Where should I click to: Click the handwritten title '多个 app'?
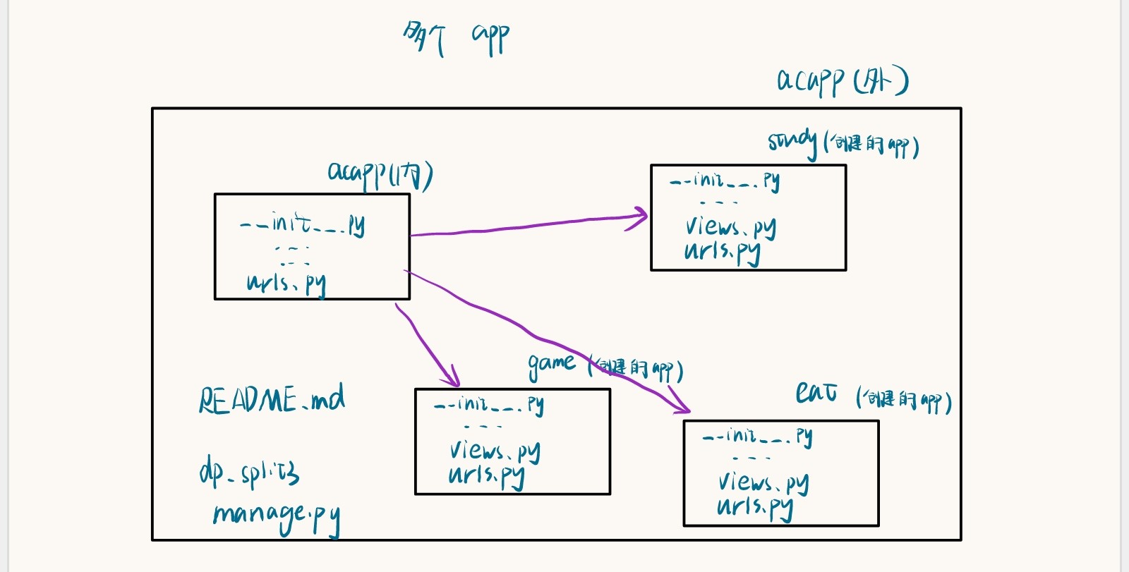[x=455, y=37]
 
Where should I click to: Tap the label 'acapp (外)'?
[x=842, y=81]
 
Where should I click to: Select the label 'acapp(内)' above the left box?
[x=380, y=174]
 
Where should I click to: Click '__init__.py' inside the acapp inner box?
[x=303, y=224]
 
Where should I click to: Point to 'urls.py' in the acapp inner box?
[x=286, y=284]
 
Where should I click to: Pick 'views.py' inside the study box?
[x=730, y=227]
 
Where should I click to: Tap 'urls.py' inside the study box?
[x=722, y=252]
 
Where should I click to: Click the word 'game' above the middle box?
[x=551, y=364]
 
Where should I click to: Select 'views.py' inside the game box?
[x=495, y=451]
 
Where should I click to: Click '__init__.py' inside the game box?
[x=488, y=404]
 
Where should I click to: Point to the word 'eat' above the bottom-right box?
[x=816, y=392]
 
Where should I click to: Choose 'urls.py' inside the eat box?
[x=754, y=507]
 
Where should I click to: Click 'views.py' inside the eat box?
[x=763, y=482]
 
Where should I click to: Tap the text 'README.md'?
[x=272, y=400]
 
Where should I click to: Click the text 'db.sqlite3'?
[x=249, y=472]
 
